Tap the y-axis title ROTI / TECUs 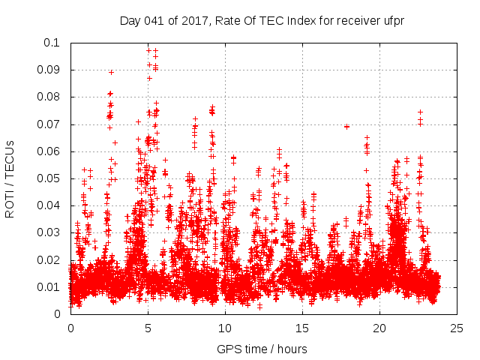click(10, 178)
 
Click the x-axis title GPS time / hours click(262, 349)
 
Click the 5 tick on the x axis click(148, 328)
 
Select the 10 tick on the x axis click(225, 328)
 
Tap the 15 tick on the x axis click(302, 328)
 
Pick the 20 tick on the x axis click(379, 328)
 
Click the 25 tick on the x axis click(457, 328)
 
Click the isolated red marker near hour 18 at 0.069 click(346, 127)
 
